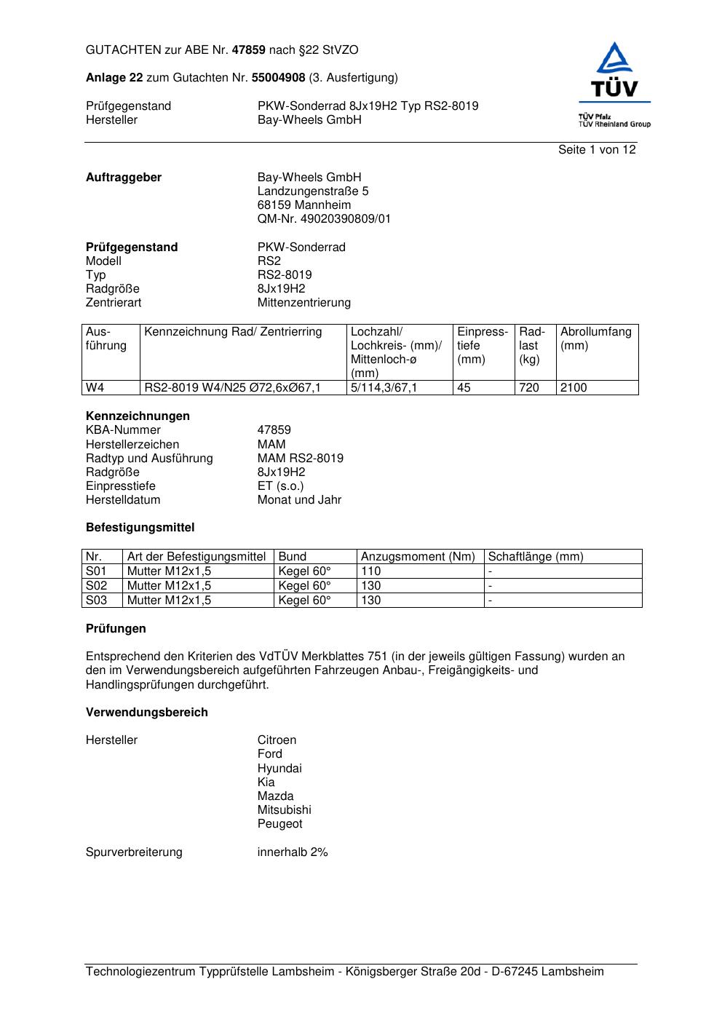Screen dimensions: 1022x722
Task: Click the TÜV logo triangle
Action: (x=615, y=59)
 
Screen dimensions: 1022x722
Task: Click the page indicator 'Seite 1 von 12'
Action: (x=596, y=150)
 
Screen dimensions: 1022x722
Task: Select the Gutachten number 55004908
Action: (x=278, y=78)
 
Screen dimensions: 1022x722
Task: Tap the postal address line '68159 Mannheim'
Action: (x=304, y=205)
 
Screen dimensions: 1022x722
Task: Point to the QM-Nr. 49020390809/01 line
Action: (x=324, y=219)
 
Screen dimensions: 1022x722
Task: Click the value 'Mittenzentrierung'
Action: (x=304, y=303)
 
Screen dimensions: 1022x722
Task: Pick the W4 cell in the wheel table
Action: (x=95, y=388)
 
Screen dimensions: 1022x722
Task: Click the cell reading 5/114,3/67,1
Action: (x=384, y=388)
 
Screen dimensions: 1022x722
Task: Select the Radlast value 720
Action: (x=529, y=388)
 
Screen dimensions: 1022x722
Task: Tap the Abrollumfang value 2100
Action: (x=574, y=388)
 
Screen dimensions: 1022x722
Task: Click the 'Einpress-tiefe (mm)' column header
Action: (x=482, y=346)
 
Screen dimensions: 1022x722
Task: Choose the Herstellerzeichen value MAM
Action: (x=271, y=444)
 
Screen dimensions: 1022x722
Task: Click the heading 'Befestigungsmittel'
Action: (x=140, y=528)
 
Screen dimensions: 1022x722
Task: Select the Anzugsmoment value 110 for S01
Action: (x=371, y=571)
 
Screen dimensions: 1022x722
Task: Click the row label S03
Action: (x=96, y=601)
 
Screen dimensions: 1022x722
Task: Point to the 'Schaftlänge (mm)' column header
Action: (x=536, y=557)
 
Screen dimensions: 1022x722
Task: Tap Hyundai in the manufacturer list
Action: (x=279, y=769)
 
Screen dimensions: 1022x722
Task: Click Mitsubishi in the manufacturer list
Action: (x=284, y=810)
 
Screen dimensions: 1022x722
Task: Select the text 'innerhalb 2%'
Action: (x=293, y=852)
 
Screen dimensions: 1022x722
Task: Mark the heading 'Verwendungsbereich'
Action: (x=147, y=713)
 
